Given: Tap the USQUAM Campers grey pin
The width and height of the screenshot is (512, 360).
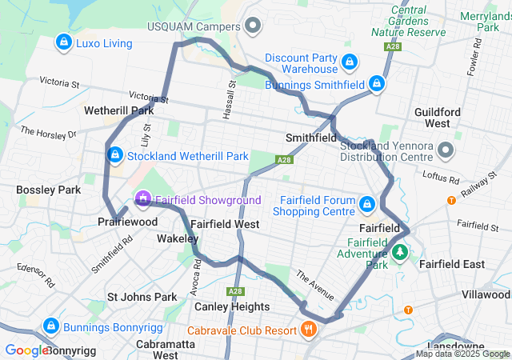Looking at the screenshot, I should click(254, 26).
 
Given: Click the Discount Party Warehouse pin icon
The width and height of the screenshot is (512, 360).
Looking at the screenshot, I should click(349, 62).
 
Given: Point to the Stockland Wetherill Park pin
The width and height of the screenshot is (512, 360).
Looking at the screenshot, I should click(114, 154).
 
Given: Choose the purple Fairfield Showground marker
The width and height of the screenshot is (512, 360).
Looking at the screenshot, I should click(143, 197).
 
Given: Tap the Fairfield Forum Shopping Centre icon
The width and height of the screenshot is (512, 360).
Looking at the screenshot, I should click(367, 204).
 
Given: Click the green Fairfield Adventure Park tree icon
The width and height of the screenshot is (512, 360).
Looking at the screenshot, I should click(400, 254).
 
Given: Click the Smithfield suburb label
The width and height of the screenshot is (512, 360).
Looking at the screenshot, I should click(311, 138).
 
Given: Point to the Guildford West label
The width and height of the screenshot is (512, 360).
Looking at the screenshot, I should click(438, 118).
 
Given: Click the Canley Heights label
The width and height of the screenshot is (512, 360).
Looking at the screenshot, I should click(231, 307).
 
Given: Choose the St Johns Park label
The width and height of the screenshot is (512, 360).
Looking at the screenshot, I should click(142, 298).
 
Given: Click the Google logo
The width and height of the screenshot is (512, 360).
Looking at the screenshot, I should click(26, 350).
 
